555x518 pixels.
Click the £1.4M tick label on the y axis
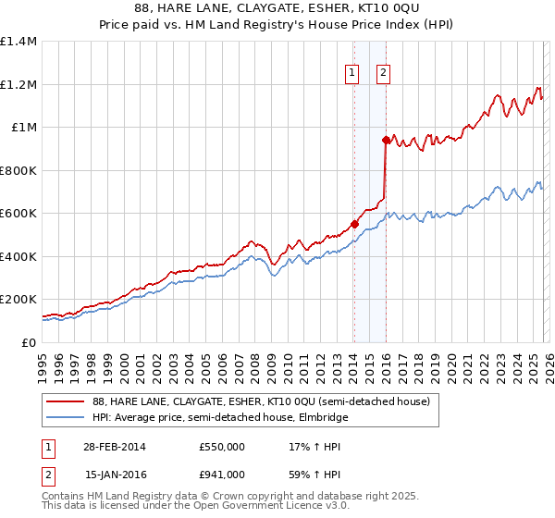[18, 42]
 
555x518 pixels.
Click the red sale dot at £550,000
[354, 224]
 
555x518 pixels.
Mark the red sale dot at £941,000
[385, 141]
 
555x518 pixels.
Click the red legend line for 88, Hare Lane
[64, 402]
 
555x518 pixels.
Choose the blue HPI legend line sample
[64, 418]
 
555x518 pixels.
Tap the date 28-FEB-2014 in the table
[115, 447]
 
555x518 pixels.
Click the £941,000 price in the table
[222, 475]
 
